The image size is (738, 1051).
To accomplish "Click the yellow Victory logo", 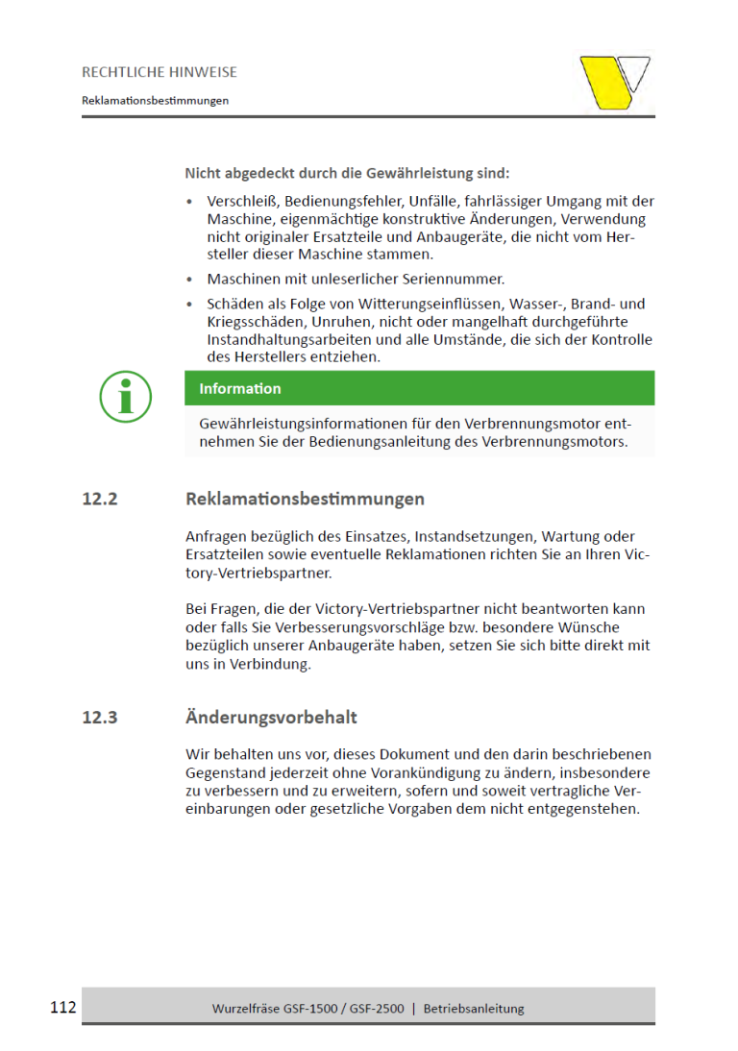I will click(x=614, y=83).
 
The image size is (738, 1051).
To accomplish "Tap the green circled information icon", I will click(x=125, y=396).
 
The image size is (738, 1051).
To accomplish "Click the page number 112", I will click(x=62, y=1008).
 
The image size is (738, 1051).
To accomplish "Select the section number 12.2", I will click(x=100, y=500).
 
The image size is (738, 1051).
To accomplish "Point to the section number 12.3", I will click(x=100, y=718).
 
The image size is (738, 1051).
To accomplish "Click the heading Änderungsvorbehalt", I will click(x=271, y=718).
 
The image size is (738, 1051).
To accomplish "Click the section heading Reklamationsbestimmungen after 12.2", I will click(x=305, y=500).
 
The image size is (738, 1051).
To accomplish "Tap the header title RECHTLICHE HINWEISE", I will click(x=160, y=72).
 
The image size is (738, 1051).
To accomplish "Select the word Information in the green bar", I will click(x=240, y=389).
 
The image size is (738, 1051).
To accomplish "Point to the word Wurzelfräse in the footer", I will click(x=246, y=1009).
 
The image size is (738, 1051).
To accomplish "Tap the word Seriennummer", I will click(x=455, y=280).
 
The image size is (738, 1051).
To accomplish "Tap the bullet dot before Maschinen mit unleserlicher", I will click(x=190, y=280).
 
